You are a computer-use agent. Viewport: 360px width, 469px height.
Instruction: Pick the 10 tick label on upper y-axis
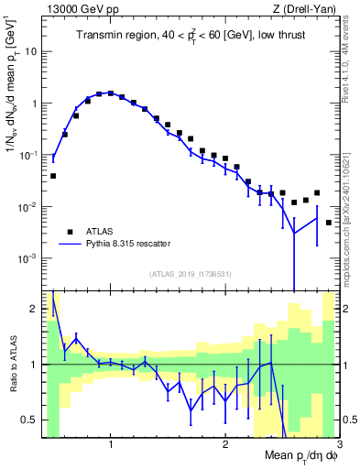coord(31,51)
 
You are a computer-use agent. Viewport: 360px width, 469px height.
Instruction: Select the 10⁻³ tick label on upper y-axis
coord(27,259)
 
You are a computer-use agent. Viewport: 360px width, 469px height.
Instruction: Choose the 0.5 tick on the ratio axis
coord(29,420)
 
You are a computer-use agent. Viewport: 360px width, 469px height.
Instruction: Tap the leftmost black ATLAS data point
coord(53,175)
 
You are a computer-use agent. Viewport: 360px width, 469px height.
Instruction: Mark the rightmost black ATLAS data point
coord(328,223)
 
